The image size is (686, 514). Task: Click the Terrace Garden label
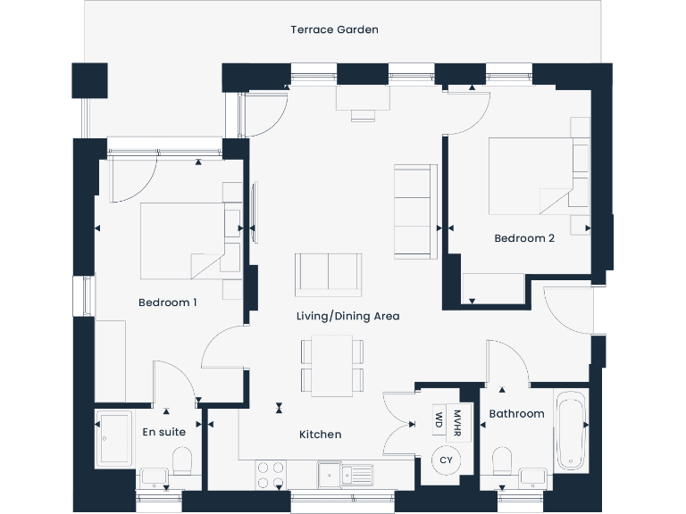pyautogui.click(x=334, y=29)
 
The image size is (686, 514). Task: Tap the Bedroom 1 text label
pyautogui.click(x=167, y=303)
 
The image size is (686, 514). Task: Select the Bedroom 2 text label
pyautogui.click(x=524, y=238)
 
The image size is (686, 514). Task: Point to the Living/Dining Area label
pyautogui.click(x=347, y=316)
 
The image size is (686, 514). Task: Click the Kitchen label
pyautogui.click(x=320, y=435)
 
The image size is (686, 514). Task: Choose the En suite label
pyautogui.click(x=164, y=432)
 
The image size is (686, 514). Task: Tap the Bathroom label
pyautogui.click(x=516, y=414)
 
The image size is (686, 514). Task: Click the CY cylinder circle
pyautogui.click(x=444, y=460)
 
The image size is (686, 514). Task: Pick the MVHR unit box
pyautogui.click(x=457, y=419)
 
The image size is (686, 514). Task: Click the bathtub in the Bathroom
pyautogui.click(x=570, y=430)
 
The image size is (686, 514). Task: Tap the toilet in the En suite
pyautogui.click(x=182, y=460)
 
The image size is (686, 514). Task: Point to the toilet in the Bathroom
pyautogui.click(x=502, y=460)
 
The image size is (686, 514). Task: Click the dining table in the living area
pyautogui.click(x=332, y=366)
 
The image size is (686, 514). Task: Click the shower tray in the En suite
pyautogui.click(x=115, y=440)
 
